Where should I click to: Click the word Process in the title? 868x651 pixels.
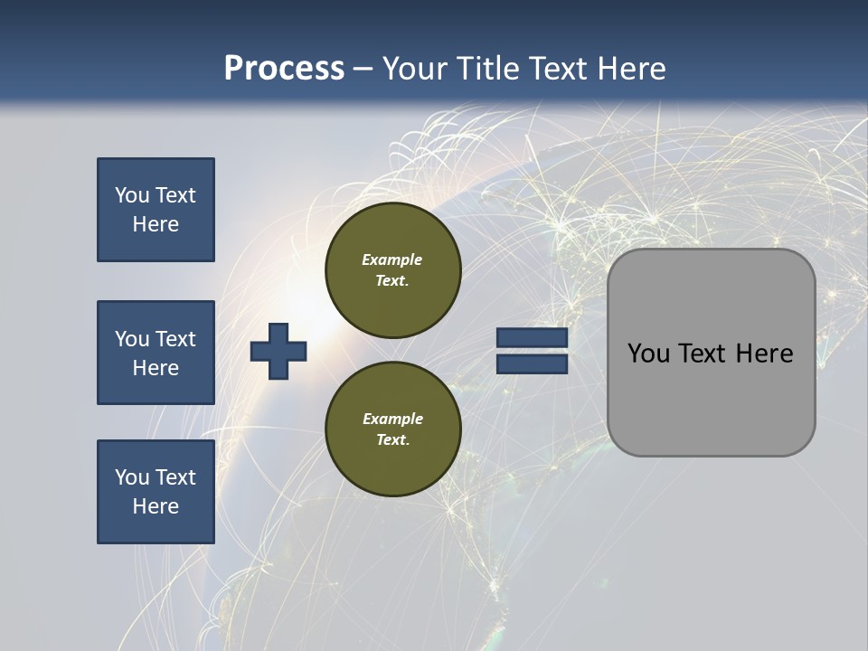(x=284, y=69)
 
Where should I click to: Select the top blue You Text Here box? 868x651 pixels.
(x=156, y=210)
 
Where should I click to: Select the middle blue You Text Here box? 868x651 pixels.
(x=156, y=353)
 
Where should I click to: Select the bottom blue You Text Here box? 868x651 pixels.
(x=156, y=492)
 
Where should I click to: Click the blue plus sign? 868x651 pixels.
(x=278, y=351)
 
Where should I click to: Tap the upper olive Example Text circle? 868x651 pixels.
(x=393, y=269)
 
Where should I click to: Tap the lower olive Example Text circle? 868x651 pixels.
(x=393, y=429)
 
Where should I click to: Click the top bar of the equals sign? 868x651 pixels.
(x=532, y=338)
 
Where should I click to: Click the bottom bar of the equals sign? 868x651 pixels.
(x=532, y=363)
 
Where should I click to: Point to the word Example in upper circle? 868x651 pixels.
(x=392, y=259)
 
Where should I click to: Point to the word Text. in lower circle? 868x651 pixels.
(x=392, y=440)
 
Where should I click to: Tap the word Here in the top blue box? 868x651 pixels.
(x=156, y=224)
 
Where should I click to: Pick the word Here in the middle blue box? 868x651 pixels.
(x=156, y=368)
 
